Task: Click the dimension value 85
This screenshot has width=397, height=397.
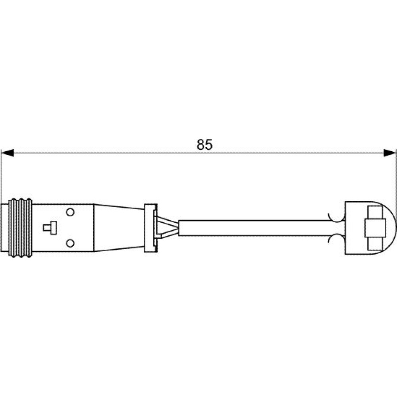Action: tap(204, 145)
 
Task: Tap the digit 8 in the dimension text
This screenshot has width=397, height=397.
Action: tap(201, 145)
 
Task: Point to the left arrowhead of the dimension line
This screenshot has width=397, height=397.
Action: tap(7, 153)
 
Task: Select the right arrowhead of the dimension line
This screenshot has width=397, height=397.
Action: tap(389, 153)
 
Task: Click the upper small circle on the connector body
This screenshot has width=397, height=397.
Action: tap(70, 212)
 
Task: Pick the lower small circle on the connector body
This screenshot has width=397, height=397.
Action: tap(70, 244)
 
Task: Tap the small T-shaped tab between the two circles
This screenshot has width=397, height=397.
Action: tap(50, 227)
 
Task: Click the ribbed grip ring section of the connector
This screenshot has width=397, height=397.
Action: tap(20, 228)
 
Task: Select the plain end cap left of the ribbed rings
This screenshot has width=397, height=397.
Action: tap(4, 228)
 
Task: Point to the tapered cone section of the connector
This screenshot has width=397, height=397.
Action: tap(119, 228)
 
